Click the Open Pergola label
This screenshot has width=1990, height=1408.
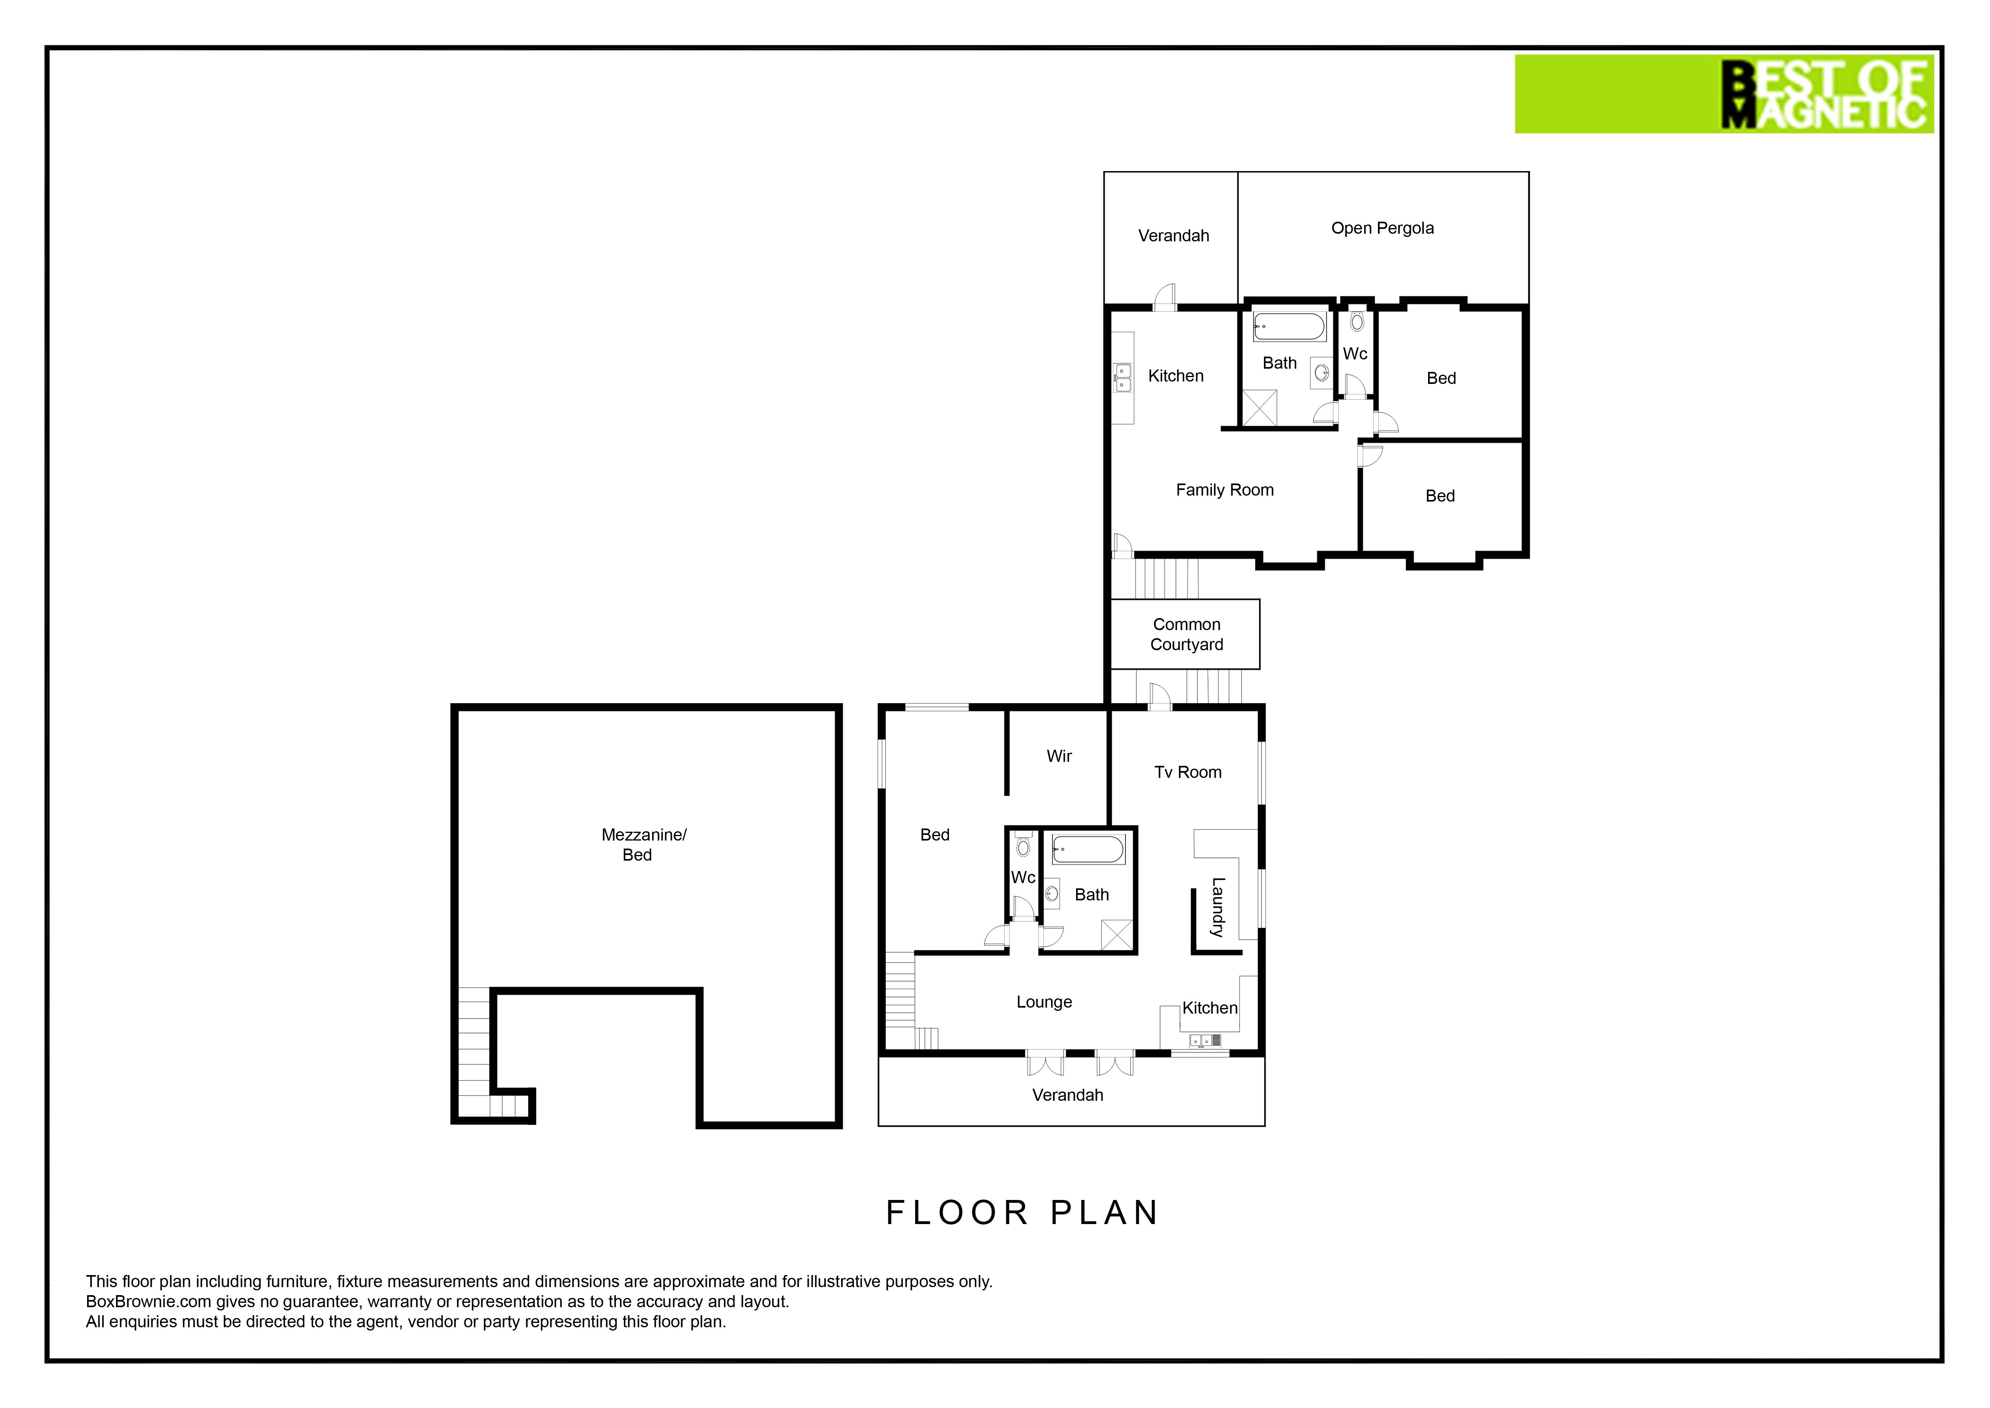pyautogui.click(x=1382, y=228)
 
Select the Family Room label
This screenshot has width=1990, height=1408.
pyautogui.click(x=1225, y=490)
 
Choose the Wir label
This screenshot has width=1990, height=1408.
pyautogui.click(x=1059, y=756)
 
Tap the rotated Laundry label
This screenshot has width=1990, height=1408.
pyautogui.click(x=1218, y=908)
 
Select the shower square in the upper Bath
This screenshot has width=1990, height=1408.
pyautogui.click(x=1260, y=408)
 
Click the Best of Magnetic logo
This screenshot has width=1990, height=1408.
pyautogui.click(x=1724, y=94)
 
